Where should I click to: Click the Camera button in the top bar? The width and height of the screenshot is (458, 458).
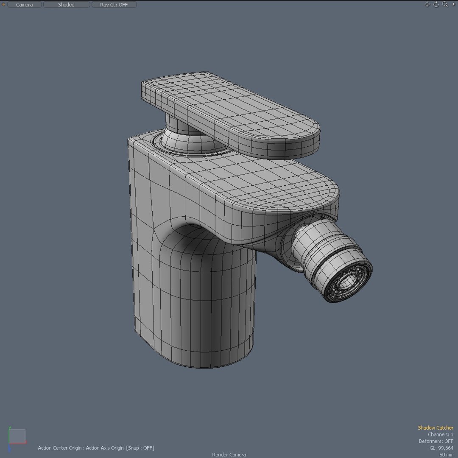pos(24,5)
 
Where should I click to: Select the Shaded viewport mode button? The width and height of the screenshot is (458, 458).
pos(66,5)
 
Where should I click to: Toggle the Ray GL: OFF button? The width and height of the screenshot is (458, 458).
pos(114,5)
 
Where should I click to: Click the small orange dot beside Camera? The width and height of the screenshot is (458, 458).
pos(4,5)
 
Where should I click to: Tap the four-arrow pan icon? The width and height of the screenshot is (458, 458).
pos(427,4)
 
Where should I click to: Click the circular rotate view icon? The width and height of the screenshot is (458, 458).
pos(436,4)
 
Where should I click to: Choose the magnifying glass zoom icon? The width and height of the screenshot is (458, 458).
pos(445,4)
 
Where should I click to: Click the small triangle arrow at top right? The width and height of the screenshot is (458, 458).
pos(453,4)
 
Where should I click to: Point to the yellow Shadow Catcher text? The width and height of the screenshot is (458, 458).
pos(436,428)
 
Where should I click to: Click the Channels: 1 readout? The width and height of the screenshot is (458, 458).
pos(440,435)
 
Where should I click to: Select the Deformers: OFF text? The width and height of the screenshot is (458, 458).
pos(436,441)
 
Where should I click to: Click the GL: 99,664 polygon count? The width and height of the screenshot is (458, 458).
pos(441,448)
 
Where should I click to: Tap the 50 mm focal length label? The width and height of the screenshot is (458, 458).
pos(446,455)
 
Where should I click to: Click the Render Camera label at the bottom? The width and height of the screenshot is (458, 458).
pos(229,455)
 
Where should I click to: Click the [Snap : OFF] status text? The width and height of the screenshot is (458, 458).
pos(140,448)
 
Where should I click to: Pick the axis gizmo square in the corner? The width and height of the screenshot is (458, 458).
pos(17,436)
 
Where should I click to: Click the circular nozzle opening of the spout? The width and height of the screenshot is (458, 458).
pos(349,282)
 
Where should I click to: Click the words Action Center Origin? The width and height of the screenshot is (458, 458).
pos(60,448)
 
